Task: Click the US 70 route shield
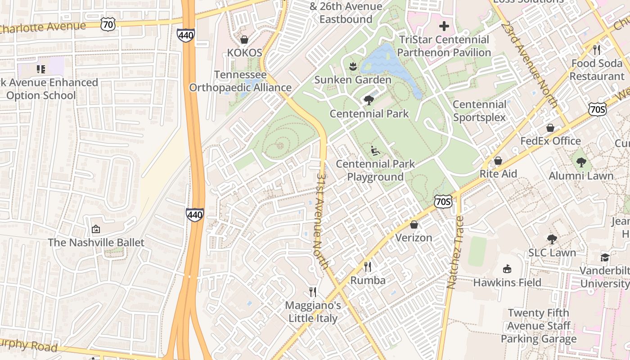[x=108, y=24]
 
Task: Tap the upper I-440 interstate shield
[x=185, y=35]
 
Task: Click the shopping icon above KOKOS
[x=244, y=40]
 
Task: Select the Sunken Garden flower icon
[x=353, y=67]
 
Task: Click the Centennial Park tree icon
[x=369, y=100]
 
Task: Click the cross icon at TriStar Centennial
[x=444, y=26]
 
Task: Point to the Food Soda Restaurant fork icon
[x=597, y=50]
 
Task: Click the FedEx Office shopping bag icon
[x=550, y=128]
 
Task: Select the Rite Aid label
[x=498, y=174]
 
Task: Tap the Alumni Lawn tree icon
[x=581, y=162]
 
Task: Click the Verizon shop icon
[x=414, y=224]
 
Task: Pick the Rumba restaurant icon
[x=368, y=267]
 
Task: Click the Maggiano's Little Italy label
[x=313, y=312]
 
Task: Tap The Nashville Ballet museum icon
[x=95, y=229]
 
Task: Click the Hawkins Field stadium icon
[x=507, y=269]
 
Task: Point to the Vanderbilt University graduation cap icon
[x=604, y=257]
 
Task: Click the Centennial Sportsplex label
[x=479, y=111]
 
